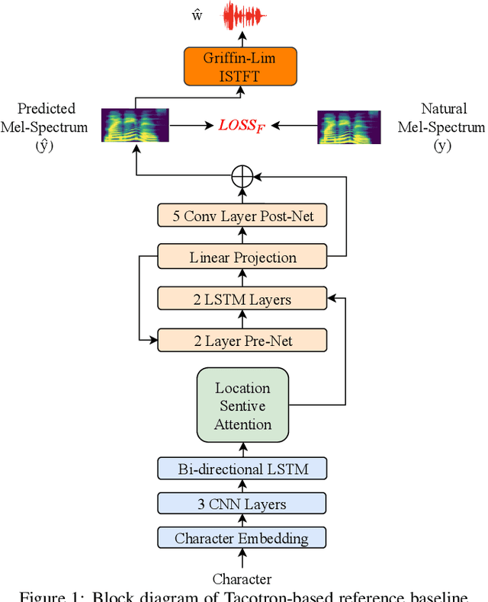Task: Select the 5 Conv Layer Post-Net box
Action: (242, 216)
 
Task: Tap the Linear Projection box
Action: (242, 258)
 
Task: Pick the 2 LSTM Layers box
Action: (242, 299)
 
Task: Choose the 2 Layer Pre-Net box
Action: (242, 340)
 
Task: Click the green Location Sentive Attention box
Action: (242, 405)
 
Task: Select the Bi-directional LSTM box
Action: (242, 468)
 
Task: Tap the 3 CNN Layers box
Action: (242, 504)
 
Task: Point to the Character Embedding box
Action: (242, 539)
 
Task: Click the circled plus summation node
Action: (242, 176)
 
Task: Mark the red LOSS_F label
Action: (240, 123)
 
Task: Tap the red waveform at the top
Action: (243, 15)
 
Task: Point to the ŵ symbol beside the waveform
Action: (197, 16)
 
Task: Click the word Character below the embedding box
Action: (242, 579)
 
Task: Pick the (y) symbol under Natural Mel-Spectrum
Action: (442, 145)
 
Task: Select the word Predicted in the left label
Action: (47, 109)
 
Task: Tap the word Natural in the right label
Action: (445, 109)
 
